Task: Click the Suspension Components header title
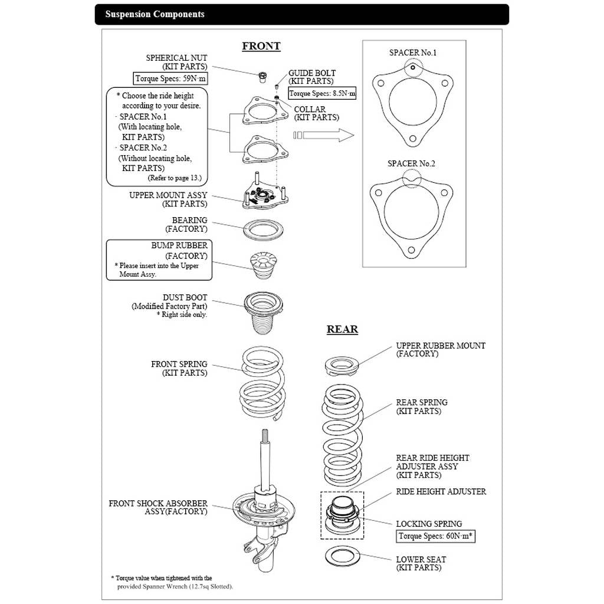tap(155, 14)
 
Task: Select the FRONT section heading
tap(261, 46)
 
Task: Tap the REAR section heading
tap(343, 329)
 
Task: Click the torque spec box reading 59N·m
tap(170, 78)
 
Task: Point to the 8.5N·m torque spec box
tap(322, 93)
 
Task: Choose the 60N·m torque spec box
tap(435, 536)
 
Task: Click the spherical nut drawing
tap(262, 77)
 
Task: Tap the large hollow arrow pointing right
tap(324, 135)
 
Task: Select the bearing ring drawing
tap(264, 229)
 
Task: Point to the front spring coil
tap(262, 383)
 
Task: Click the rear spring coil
tap(343, 435)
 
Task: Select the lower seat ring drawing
tap(343, 556)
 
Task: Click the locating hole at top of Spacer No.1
tap(412, 68)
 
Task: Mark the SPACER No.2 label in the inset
tap(411, 164)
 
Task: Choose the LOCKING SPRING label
tap(429, 524)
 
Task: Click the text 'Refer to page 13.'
tap(175, 178)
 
